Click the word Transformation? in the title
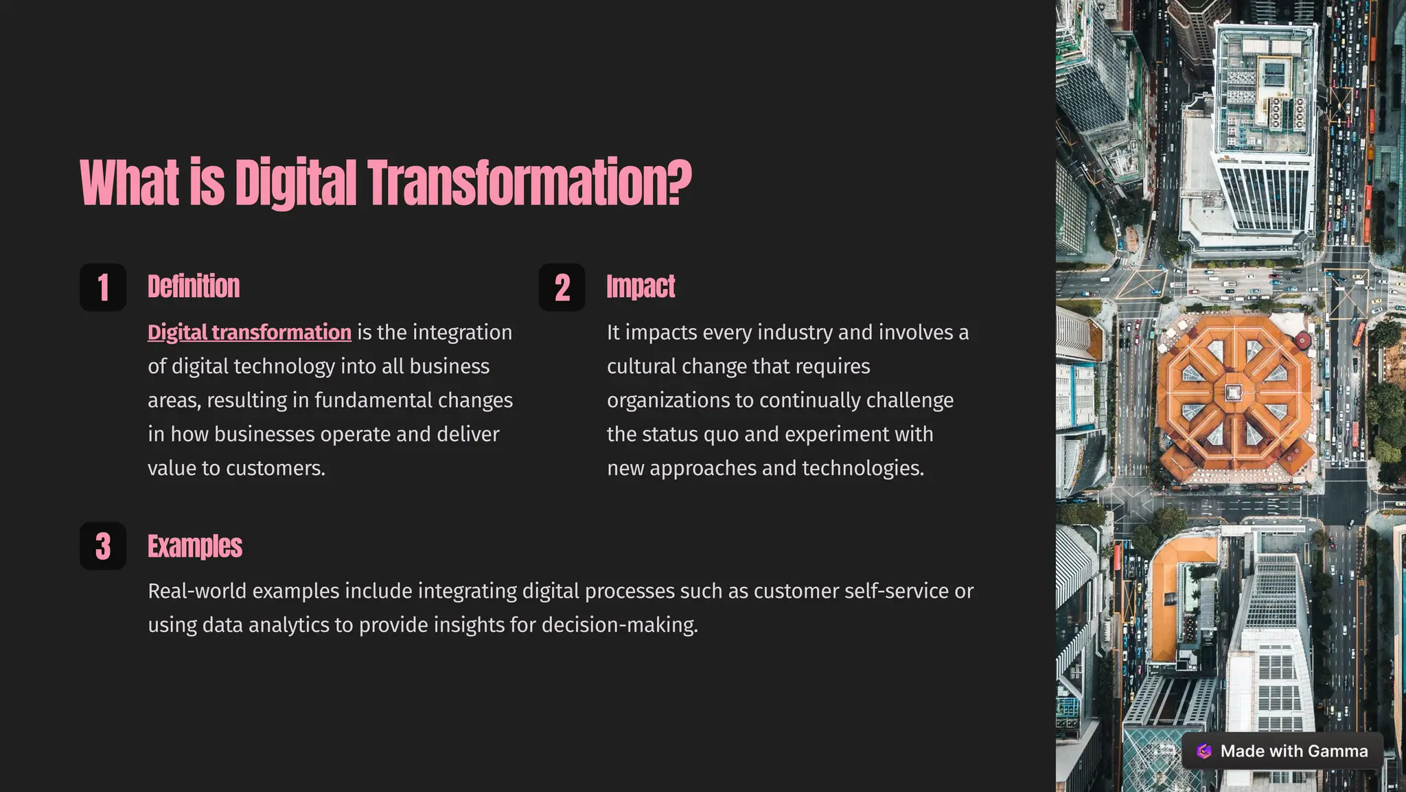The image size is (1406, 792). tap(529, 183)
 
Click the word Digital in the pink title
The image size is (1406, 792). tap(295, 183)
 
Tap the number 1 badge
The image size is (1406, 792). tap(103, 288)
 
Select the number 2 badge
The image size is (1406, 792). tap(562, 288)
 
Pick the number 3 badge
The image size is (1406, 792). tap(103, 546)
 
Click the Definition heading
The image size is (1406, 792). tap(194, 287)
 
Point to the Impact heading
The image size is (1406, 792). tap(641, 287)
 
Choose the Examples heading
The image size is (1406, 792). tap(195, 546)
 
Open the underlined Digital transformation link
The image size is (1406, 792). tap(249, 333)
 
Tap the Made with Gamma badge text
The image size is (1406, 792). tap(1293, 752)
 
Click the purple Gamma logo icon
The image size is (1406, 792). tap(1204, 752)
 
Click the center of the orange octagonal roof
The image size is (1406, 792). tap(1233, 393)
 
